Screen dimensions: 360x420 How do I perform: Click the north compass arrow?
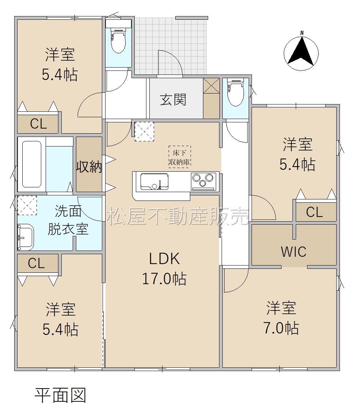point(301,52)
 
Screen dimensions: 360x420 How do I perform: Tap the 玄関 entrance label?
point(173,100)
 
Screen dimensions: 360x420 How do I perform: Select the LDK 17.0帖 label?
point(164,269)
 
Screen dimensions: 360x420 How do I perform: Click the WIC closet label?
point(294,252)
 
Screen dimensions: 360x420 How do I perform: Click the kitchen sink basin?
point(154,182)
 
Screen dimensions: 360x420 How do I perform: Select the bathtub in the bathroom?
point(32,164)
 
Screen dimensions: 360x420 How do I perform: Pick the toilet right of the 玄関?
point(235,92)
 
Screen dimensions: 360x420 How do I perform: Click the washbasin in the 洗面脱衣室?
point(26,237)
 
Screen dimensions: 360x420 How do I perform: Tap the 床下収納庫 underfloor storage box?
point(180,157)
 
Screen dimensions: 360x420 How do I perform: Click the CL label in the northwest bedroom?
point(38,124)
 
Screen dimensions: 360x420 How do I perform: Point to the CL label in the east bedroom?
point(314,212)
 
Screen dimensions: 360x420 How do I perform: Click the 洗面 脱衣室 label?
point(68,220)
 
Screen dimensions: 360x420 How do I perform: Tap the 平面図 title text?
point(60,396)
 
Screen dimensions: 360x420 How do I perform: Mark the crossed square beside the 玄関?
point(211,86)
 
